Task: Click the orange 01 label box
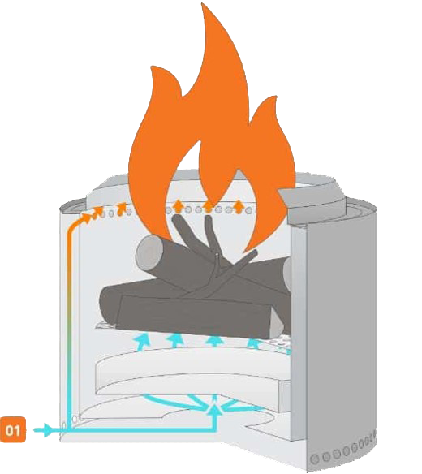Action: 13,430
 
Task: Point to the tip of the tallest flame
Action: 202,4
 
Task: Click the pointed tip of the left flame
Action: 153,67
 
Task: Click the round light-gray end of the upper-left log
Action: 149,252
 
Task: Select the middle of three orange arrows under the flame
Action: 208,206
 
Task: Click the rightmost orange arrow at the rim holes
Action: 239,206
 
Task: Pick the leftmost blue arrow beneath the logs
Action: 144,341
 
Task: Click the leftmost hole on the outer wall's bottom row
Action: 315,459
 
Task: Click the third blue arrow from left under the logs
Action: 215,340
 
